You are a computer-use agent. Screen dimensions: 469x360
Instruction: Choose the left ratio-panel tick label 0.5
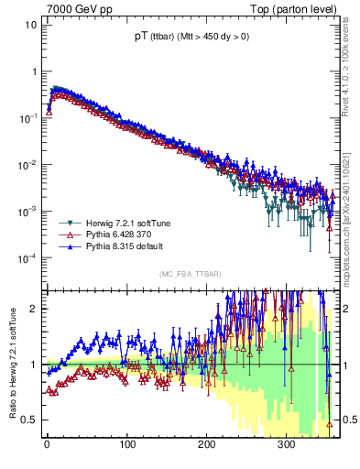tap(28, 420)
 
